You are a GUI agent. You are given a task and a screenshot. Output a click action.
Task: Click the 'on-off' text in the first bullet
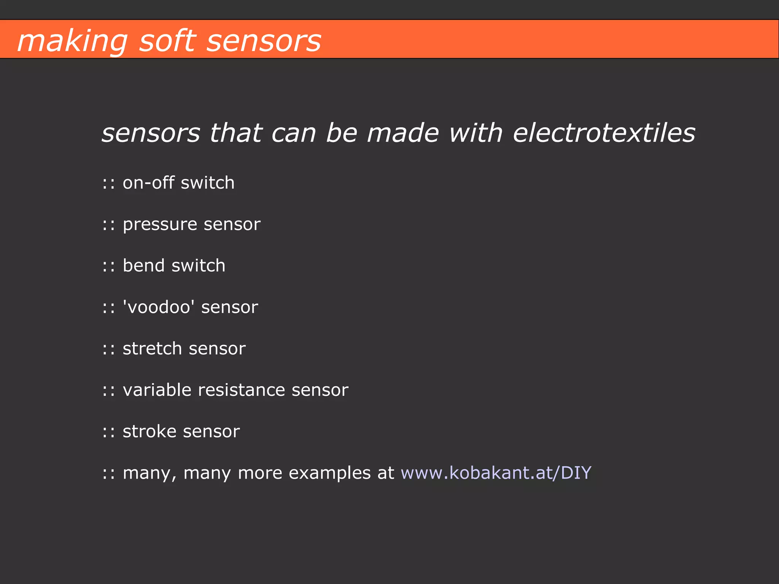[x=148, y=183]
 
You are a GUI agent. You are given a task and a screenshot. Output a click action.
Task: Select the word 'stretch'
[x=152, y=349]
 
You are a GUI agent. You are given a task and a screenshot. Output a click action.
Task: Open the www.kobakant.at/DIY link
[x=496, y=473]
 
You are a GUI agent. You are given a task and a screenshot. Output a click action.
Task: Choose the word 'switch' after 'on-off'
[x=208, y=183]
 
